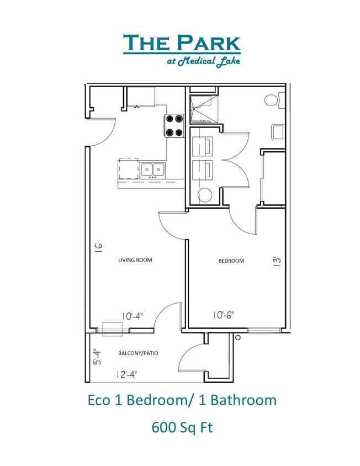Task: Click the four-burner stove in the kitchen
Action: point(174,125)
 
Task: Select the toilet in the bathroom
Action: point(272,101)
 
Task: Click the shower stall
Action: point(203,108)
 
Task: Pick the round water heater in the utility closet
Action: point(204,194)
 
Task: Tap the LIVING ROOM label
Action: point(135,260)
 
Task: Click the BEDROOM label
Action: point(232,261)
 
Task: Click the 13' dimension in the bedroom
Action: point(278,261)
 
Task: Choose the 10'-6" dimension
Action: point(224,315)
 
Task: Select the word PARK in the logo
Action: point(209,43)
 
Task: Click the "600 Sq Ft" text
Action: point(182,426)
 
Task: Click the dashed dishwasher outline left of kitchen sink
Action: point(128,168)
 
